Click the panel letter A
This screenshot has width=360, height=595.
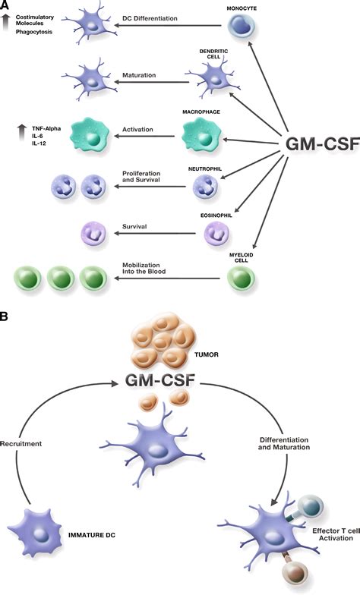(x=6, y=6)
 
